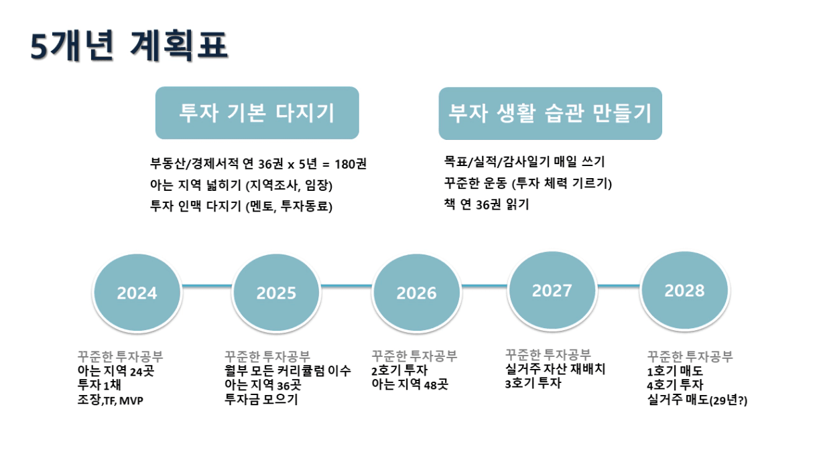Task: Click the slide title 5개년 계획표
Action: point(129,46)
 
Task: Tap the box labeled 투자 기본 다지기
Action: point(257,112)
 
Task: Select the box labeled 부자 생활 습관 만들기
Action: point(550,113)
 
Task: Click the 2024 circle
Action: point(137,293)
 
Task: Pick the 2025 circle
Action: point(276,293)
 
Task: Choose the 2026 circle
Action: point(417,293)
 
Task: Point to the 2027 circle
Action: point(552,290)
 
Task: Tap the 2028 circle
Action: point(685,290)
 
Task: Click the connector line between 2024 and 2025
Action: point(206,286)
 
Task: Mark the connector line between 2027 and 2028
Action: point(619,286)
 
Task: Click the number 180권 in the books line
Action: point(351,164)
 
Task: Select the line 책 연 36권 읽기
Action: point(487,204)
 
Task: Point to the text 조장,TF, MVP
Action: point(110,400)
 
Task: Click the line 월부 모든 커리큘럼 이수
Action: point(288,371)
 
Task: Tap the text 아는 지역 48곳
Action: point(410,384)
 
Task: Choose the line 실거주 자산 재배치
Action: point(555,369)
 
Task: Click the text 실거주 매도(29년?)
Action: point(697,400)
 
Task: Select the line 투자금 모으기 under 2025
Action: point(261,399)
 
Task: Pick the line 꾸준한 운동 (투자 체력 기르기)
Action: point(528,183)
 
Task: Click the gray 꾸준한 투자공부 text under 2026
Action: point(414,356)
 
